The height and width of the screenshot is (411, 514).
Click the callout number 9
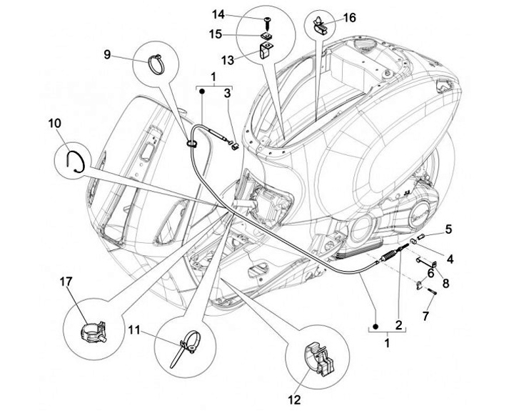coord(106,54)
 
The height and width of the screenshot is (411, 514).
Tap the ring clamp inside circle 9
coord(158,64)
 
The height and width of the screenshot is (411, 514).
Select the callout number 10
coord(55,123)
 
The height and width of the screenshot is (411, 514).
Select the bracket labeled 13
coord(266,51)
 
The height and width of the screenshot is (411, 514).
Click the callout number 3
coord(227,93)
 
